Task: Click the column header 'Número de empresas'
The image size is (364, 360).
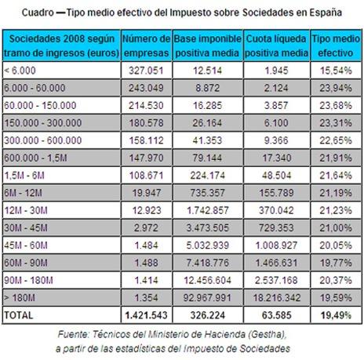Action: pos(147,45)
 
